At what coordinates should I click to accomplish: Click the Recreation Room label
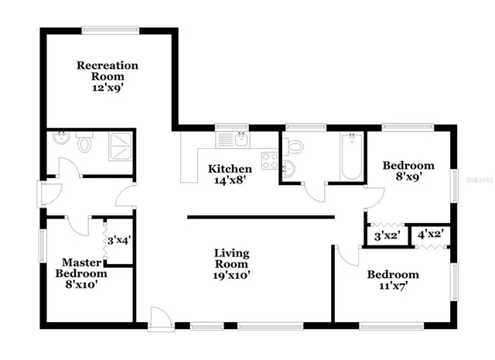pyautogui.click(x=107, y=76)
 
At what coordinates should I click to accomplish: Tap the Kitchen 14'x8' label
pyautogui.click(x=230, y=174)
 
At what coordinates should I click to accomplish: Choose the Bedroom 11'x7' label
pyautogui.click(x=392, y=280)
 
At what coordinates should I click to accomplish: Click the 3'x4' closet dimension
pyautogui.click(x=120, y=240)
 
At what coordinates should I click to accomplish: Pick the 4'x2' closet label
pyautogui.click(x=431, y=232)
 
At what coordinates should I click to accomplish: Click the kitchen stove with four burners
pyautogui.click(x=270, y=161)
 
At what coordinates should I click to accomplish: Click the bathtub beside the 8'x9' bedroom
pyautogui.click(x=352, y=156)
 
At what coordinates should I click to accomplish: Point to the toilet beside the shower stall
pyautogui.click(x=86, y=143)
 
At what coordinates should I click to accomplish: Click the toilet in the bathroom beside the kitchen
pyautogui.click(x=292, y=146)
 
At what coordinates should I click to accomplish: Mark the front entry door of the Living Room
pyautogui.click(x=159, y=317)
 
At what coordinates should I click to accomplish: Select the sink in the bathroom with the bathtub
pyautogui.click(x=288, y=170)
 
